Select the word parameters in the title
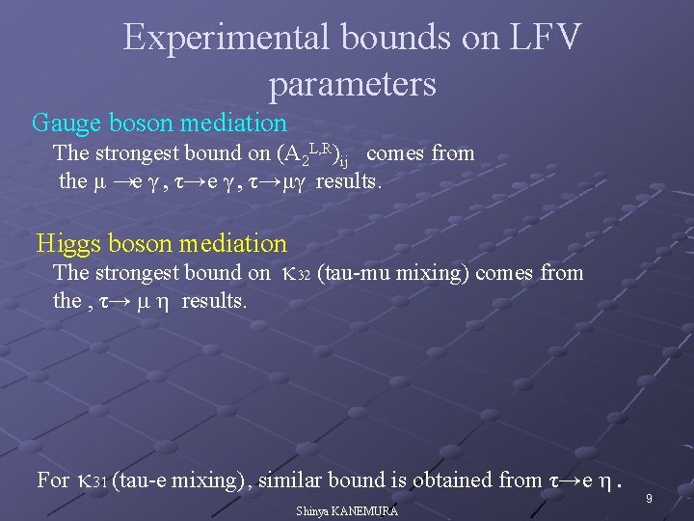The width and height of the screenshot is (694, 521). tap(353, 85)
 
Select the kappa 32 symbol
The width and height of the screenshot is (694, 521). tap(295, 274)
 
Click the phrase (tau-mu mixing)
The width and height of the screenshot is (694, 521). tap(396, 273)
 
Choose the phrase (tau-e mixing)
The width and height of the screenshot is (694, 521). tap(180, 480)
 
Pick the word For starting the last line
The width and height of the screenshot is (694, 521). tap(52, 480)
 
